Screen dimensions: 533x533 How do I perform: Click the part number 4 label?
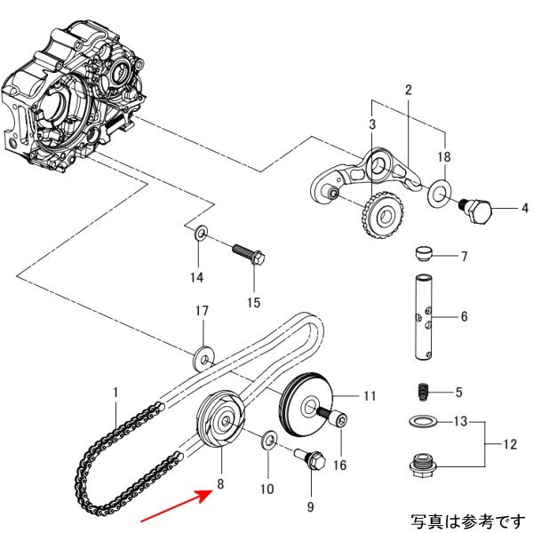tap(523, 210)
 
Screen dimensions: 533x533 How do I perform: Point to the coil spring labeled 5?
tap(424, 391)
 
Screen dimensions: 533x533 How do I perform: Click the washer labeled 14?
tap(202, 235)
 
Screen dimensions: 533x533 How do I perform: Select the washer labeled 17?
tap(204, 357)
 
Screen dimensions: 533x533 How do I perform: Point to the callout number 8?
tap(220, 485)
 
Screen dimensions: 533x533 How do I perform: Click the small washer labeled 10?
tap(266, 440)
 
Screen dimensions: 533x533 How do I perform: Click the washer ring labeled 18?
tap(438, 193)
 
